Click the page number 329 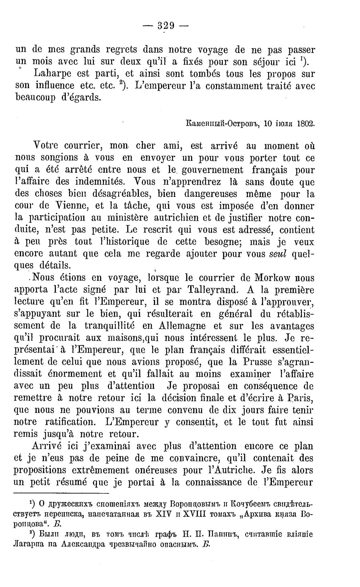165,26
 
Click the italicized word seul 278,254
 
